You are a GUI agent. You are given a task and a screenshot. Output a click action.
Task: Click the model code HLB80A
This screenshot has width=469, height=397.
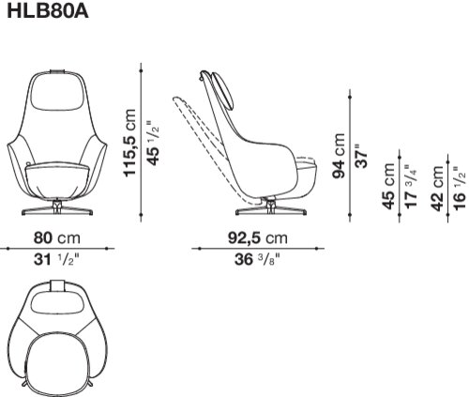point(48,11)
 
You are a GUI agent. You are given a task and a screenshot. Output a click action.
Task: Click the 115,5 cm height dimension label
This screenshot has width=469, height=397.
point(130,143)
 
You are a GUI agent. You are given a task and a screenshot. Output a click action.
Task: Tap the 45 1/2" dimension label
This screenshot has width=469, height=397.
point(153,143)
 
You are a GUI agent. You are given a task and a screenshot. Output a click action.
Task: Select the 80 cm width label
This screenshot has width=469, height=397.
point(57,238)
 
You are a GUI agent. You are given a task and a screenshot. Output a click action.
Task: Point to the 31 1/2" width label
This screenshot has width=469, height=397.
point(56,259)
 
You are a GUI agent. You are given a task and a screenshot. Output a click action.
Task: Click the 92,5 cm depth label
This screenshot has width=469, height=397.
point(258,238)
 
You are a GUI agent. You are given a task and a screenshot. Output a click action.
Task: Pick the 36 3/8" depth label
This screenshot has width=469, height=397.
point(257,259)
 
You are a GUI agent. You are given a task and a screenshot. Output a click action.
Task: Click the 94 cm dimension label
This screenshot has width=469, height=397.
point(339,156)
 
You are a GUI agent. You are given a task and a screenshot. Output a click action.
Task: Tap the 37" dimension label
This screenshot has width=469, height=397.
point(362,156)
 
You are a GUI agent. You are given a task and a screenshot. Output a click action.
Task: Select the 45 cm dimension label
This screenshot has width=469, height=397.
point(388,186)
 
